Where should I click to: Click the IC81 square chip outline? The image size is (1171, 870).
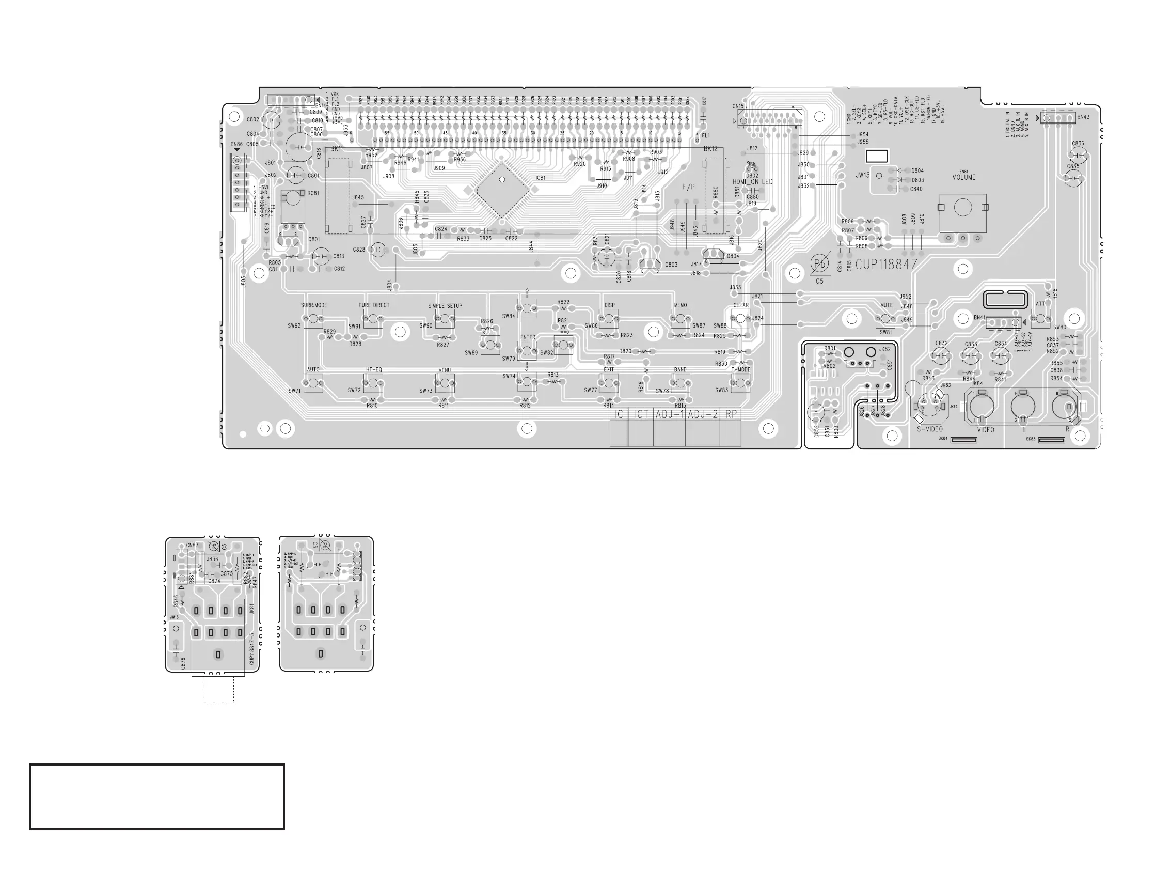tap(501, 190)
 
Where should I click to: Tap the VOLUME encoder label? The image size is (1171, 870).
tap(963, 178)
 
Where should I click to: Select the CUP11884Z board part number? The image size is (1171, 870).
tap(887, 265)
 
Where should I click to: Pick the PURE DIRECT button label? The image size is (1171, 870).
tap(374, 305)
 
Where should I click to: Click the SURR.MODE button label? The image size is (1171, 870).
tap(314, 305)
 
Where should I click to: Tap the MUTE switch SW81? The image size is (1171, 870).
tap(885, 318)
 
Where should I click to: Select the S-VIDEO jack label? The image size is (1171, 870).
tap(930, 430)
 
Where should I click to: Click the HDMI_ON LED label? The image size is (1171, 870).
tap(753, 182)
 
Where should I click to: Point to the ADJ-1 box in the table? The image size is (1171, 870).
tap(669, 414)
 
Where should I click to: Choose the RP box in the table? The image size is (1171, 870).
tap(731, 414)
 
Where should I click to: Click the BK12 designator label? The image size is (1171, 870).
tap(710, 149)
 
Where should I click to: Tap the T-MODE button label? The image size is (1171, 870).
tap(740, 370)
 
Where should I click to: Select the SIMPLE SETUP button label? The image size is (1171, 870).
tap(445, 306)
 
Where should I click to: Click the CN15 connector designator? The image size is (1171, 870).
tap(738, 106)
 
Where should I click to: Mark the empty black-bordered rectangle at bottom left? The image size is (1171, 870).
tap(157, 796)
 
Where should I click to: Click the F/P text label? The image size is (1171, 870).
tap(688, 187)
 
